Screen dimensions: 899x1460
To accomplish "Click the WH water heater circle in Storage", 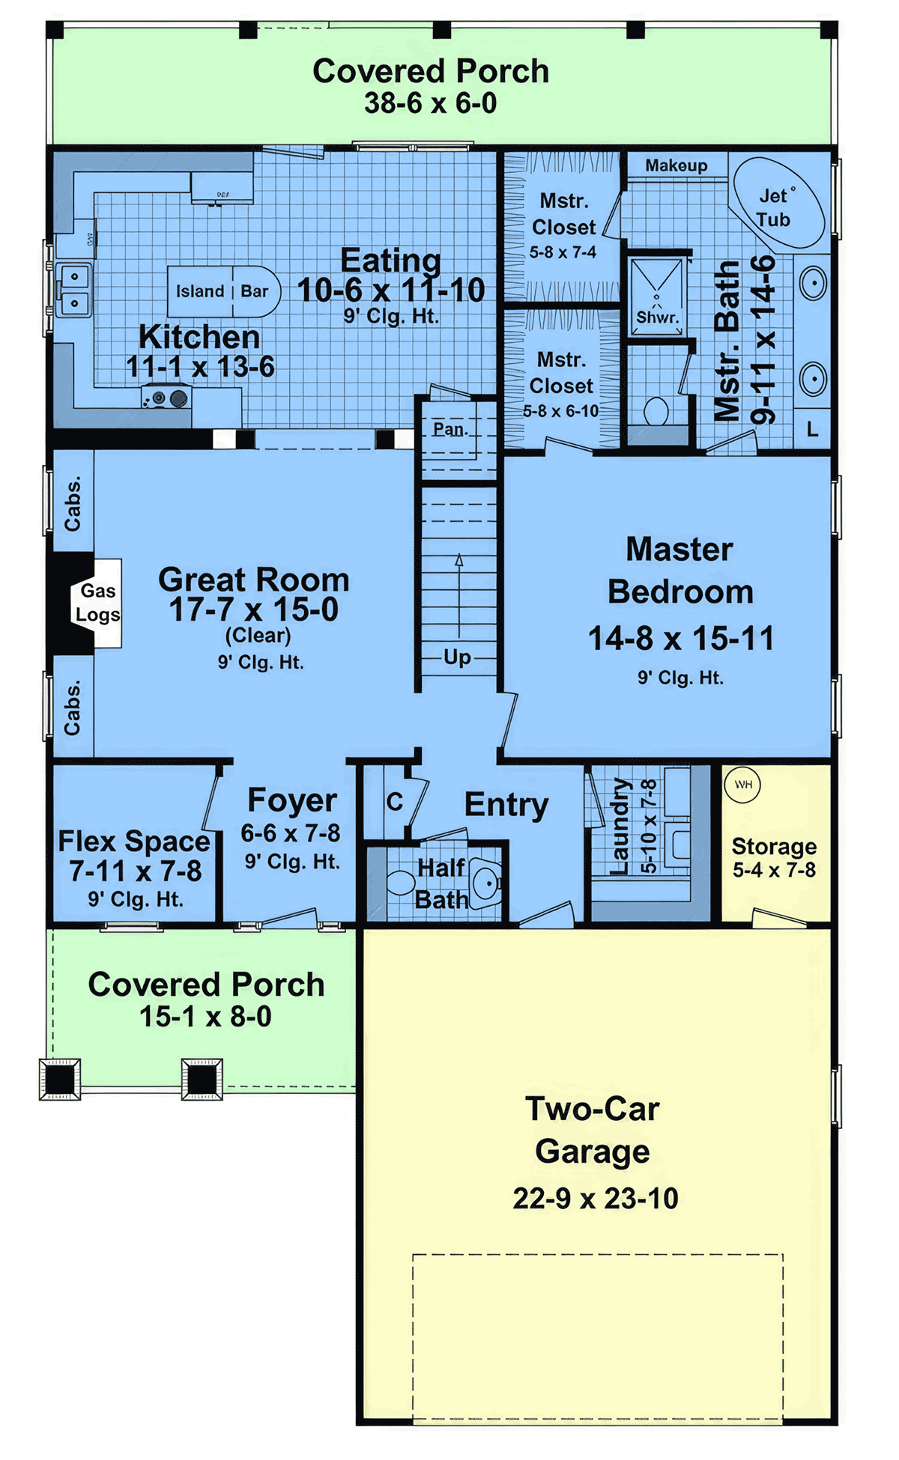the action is [742, 785].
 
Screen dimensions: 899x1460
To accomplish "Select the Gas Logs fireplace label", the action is [97, 603].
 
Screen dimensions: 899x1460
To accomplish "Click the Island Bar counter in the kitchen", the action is [223, 291].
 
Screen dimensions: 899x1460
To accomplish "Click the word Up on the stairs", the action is [457, 657].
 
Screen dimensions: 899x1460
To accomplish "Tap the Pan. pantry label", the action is [450, 429].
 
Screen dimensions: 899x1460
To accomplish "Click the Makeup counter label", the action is [676, 165].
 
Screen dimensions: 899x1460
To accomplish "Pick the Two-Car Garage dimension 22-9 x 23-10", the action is [596, 1198].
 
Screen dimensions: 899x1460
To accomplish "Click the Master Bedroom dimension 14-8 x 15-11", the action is [680, 639].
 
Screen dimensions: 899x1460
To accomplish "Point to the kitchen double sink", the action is [74, 291].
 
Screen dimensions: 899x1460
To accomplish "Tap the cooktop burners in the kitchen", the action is [166, 398].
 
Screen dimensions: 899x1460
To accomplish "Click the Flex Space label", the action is [134, 842].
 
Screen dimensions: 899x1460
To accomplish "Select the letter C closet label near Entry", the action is [395, 802].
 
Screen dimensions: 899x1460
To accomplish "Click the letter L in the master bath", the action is [812, 430].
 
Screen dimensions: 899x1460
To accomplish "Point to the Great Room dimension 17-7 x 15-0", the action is [253, 609].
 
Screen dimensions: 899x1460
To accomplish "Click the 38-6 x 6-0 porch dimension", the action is [431, 103].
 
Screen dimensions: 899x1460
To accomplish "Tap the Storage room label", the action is [774, 846].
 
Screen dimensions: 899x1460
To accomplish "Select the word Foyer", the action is [292, 801].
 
